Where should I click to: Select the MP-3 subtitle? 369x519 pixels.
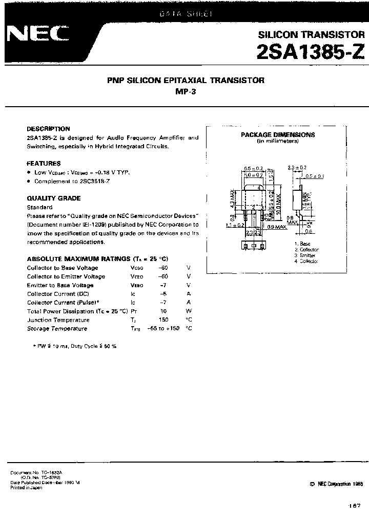tap(186, 92)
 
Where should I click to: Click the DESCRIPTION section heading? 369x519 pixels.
tap(48, 129)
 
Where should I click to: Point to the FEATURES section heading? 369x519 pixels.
tap(44, 164)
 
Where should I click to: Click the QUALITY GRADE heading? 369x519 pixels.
tap(54, 198)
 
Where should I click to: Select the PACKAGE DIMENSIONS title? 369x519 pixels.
tap(278, 135)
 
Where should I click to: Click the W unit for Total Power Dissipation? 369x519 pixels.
tap(189, 311)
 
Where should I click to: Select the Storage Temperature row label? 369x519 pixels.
tap(57, 329)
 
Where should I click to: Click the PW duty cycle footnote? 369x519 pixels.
tap(75, 346)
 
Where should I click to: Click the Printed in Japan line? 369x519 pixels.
tap(26, 488)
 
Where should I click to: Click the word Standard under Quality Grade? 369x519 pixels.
tap(39, 207)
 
